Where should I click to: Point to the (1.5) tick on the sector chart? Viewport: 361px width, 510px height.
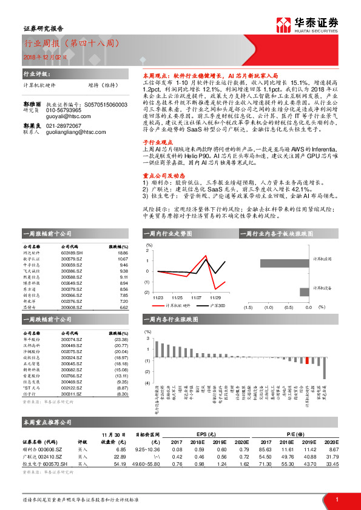(x=248, y=307)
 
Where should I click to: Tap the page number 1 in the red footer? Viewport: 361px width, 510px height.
(x=336, y=499)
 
